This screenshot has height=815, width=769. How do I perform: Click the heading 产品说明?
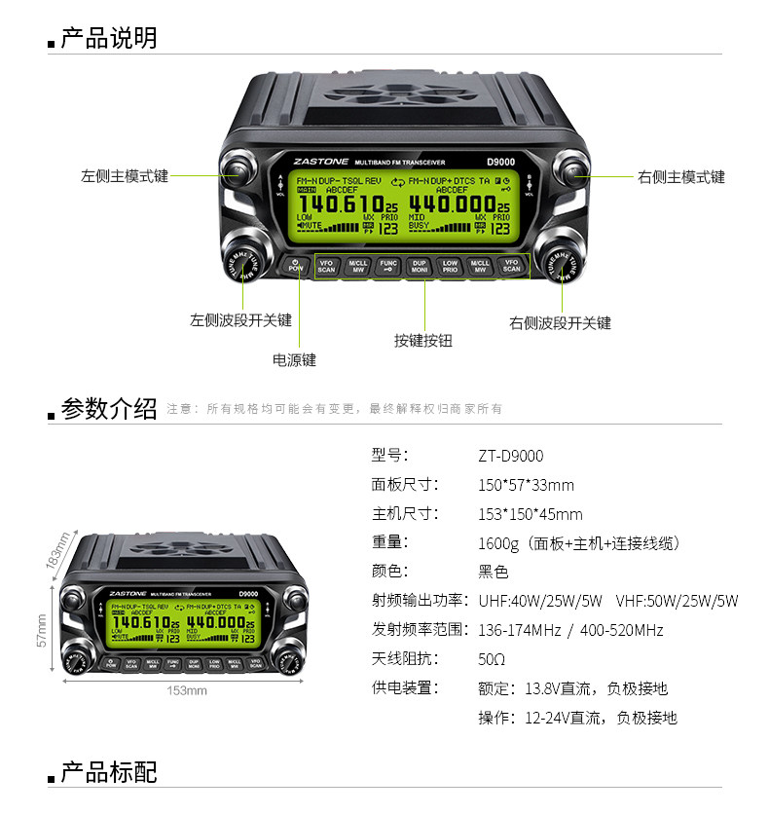[x=108, y=39]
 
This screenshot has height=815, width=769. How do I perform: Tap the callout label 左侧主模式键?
[x=124, y=176]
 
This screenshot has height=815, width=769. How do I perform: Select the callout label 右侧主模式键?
[x=681, y=176]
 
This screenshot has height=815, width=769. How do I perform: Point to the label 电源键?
[x=294, y=360]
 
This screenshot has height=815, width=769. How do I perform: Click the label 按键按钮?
[x=423, y=341]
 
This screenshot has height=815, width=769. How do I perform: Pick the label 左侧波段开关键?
[x=240, y=319]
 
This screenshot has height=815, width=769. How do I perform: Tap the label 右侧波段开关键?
[x=560, y=322]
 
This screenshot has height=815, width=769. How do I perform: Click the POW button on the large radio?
[x=296, y=264]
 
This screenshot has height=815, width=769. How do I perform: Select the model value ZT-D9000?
[x=510, y=456]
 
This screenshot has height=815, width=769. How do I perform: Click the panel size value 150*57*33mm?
[x=526, y=485]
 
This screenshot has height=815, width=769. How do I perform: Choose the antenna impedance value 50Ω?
[x=492, y=659]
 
